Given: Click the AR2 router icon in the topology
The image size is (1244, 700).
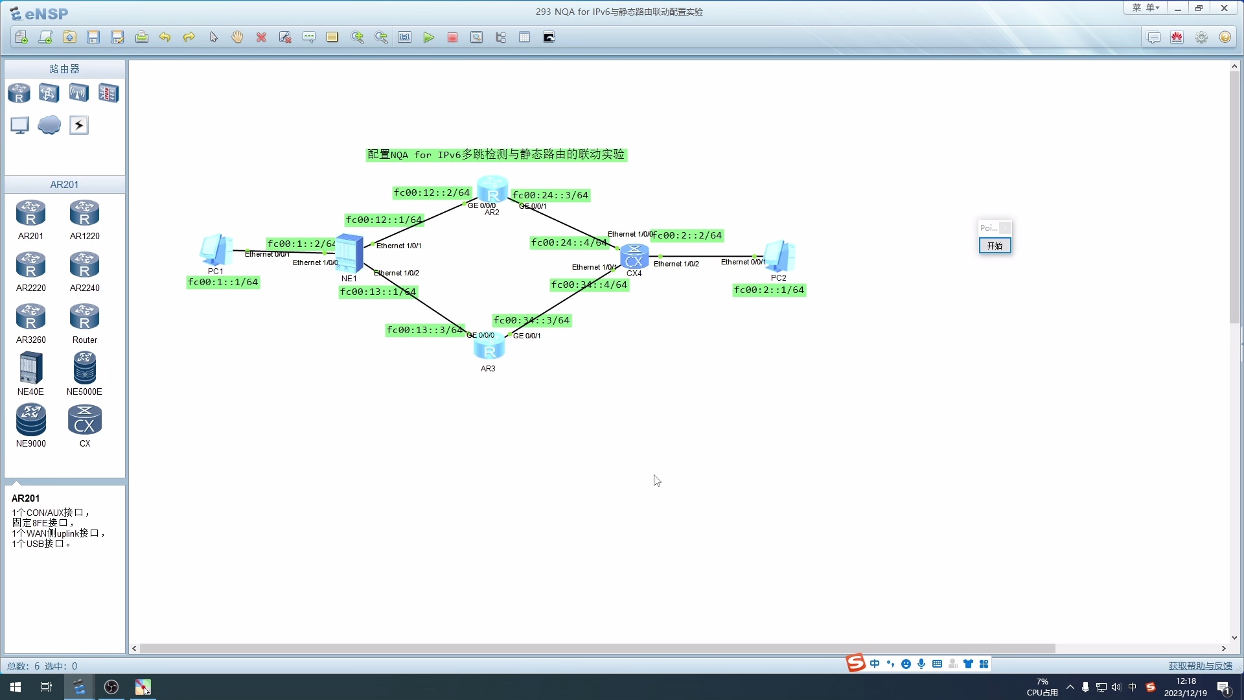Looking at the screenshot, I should pos(492,189).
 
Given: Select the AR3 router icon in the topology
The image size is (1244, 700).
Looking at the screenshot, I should pos(489,347).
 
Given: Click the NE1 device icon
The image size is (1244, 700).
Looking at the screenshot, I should pos(349,253).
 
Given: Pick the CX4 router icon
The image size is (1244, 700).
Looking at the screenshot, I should pos(634,257).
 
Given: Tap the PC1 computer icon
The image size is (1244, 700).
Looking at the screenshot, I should pos(216,250).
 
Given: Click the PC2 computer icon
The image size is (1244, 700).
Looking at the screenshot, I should pos(779,256).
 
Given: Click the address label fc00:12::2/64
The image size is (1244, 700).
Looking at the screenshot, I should pos(432,192).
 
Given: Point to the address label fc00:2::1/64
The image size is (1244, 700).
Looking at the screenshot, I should pos(769,290).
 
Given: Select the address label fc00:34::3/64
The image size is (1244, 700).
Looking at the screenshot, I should pos(531,320).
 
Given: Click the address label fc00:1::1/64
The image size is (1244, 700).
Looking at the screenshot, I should pos(223,282).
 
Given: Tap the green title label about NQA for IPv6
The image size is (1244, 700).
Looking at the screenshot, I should pos(496,154).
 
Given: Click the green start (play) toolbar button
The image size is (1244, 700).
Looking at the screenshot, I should pos(428,38).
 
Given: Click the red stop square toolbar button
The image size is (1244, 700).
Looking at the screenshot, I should pos(452,38).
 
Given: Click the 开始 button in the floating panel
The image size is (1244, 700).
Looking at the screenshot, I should pos(995,246).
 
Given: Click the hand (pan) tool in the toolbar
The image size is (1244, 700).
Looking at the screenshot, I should pos(237,38).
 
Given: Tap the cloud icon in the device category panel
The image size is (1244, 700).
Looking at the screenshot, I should pos(49,125).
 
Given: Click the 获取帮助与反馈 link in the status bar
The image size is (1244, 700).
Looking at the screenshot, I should pos(1200,666).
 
